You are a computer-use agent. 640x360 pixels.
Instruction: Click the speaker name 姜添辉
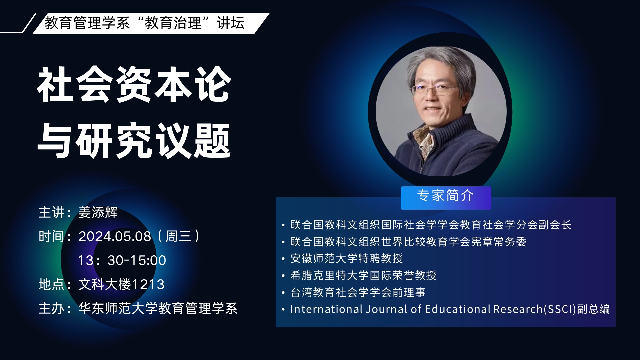pyautogui.click(x=98, y=212)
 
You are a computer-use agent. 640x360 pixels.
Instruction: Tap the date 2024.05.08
pyautogui.click(x=115, y=236)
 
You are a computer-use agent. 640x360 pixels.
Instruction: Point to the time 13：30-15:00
pyautogui.click(x=122, y=260)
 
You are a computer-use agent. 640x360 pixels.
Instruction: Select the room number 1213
pyautogui.click(x=148, y=284)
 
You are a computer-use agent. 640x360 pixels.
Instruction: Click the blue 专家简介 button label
pyautogui.click(x=446, y=196)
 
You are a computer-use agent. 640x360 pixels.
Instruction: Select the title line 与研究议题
pyautogui.click(x=134, y=140)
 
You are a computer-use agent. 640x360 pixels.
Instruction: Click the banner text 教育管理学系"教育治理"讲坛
pyautogui.click(x=145, y=23)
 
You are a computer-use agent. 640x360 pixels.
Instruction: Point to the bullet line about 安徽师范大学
pyautogui.click(x=347, y=258)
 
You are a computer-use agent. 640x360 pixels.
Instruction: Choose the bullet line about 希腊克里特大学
pyautogui.click(x=363, y=275)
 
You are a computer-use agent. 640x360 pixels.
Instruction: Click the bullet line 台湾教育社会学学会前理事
pyautogui.click(x=358, y=292)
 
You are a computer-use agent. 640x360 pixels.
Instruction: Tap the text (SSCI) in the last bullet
pyautogui.click(x=560, y=309)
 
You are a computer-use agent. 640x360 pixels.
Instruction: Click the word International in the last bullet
pyautogui.click(x=326, y=309)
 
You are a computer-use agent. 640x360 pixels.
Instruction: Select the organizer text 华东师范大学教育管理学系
pyautogui.click(x=158, y=308)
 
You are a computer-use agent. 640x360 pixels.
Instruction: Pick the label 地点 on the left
pyautogui.click(x=51, y=284)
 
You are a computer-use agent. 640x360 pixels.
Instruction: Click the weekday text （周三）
pyautogui.click(x=178, y=236)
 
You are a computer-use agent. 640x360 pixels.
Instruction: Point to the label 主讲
pyautogui.click(x=51, y=212)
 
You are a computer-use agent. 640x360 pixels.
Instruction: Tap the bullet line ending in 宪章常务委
pyautogui.click(x=408, y=242)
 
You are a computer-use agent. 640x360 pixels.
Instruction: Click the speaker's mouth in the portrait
pyautogui.click(x=432, y=109)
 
